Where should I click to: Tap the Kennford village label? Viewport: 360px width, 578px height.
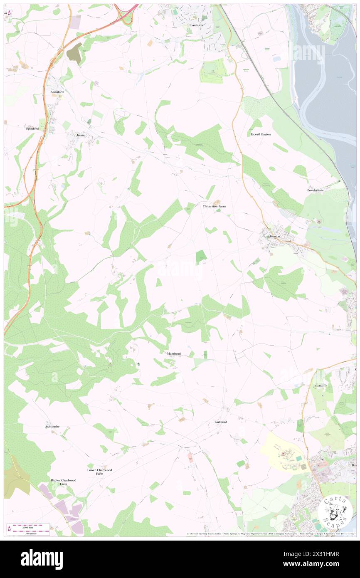tap(56, 91)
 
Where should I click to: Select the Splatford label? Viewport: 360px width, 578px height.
tap(32, 129)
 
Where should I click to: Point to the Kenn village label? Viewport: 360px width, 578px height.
tap(80, 135)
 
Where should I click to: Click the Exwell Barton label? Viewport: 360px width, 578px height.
tap(261, 134)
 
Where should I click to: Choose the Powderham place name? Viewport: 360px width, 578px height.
tap(316, 190)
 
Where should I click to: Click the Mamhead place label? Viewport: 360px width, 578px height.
tap(174, 353)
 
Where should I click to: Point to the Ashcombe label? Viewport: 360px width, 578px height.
tap(52, 427)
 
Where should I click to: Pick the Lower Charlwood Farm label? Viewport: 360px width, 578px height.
tap(99, 472)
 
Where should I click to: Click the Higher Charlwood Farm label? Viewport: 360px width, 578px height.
tap(64, 482)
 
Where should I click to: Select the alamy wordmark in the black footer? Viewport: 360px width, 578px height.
tap(42, 559)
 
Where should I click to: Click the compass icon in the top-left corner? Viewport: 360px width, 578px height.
tap(9, 12)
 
